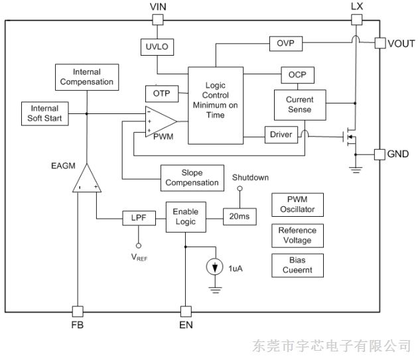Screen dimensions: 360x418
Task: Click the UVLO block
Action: coord(157,46)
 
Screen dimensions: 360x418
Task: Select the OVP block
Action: coord(285,43)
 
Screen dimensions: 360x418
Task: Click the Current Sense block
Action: coord(300,105)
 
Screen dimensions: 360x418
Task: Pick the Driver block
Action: coord(281,135)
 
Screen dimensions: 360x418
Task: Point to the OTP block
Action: coord(162,94)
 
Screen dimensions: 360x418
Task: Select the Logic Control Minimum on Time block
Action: coord(215,105)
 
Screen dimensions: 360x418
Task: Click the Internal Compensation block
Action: coord(87,77)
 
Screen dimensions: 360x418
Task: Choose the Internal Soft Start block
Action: coord(45,113)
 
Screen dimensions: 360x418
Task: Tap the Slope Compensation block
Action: coord(192,177)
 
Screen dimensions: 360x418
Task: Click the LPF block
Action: coord(139,217)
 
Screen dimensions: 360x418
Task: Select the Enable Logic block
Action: coord(185,217)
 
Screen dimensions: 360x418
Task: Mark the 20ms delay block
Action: coord(240,217)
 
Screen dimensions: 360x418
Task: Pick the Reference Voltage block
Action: coord(297,235)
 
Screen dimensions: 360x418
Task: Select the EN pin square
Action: coord(185,310)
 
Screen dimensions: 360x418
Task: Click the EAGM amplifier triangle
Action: coord(87,180)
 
